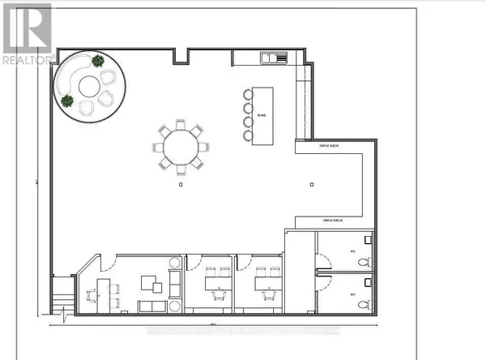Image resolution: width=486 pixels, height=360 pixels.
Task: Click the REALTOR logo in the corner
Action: [x=25, y=33]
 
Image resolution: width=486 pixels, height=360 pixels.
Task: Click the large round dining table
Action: [x=181, y=148]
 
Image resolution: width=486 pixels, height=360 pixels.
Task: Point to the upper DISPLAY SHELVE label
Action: [x=309, y=147]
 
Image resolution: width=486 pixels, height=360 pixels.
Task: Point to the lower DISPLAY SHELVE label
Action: [x=334, y=220]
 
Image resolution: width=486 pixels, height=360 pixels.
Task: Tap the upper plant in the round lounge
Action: [x=98, y=60]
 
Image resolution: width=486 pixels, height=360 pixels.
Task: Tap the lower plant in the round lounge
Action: [x=66, y=101]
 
